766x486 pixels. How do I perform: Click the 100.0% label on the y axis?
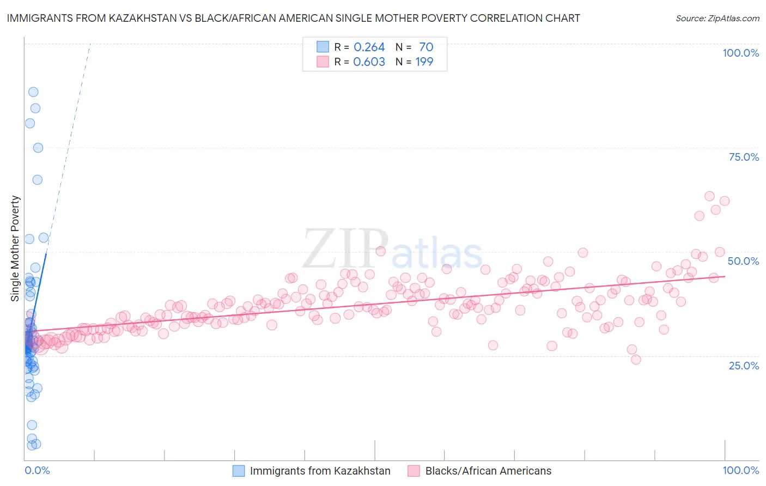click(x=740, y=53)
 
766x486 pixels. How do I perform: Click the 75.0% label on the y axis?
click(x=744, y=157)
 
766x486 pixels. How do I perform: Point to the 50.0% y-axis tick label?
click(x=743, y=261)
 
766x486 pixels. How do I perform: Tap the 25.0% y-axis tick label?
click(x=744, y=366)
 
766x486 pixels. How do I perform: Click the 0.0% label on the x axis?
click(x=37, y=470)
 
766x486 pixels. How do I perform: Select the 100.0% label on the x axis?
click(x=740, y=470)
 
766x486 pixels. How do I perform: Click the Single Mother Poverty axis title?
click(x=15, y=248)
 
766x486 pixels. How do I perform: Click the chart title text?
click(x=293, y=18)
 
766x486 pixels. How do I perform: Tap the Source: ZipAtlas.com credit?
click(x=717, y=18)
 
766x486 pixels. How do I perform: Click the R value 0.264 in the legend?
click(x=369, y=47)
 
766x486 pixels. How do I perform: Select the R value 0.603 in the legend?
click(x=369, y=62)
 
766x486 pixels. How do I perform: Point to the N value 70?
click(x=425, y=47)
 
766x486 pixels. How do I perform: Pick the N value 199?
click(x=424, y=62)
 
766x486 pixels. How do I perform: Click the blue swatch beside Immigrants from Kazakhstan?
click(x=239, y=471)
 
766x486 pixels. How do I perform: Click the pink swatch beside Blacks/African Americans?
click(x=414, y=471)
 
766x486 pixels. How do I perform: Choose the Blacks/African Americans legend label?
click(x=488, y=471)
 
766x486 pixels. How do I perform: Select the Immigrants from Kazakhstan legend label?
click(x=320, y=471)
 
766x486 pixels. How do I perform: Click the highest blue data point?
click(x=33, y=92)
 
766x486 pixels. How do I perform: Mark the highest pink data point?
click(x=709, y=196)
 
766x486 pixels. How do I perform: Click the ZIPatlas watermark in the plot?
click(x=392, y=250)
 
